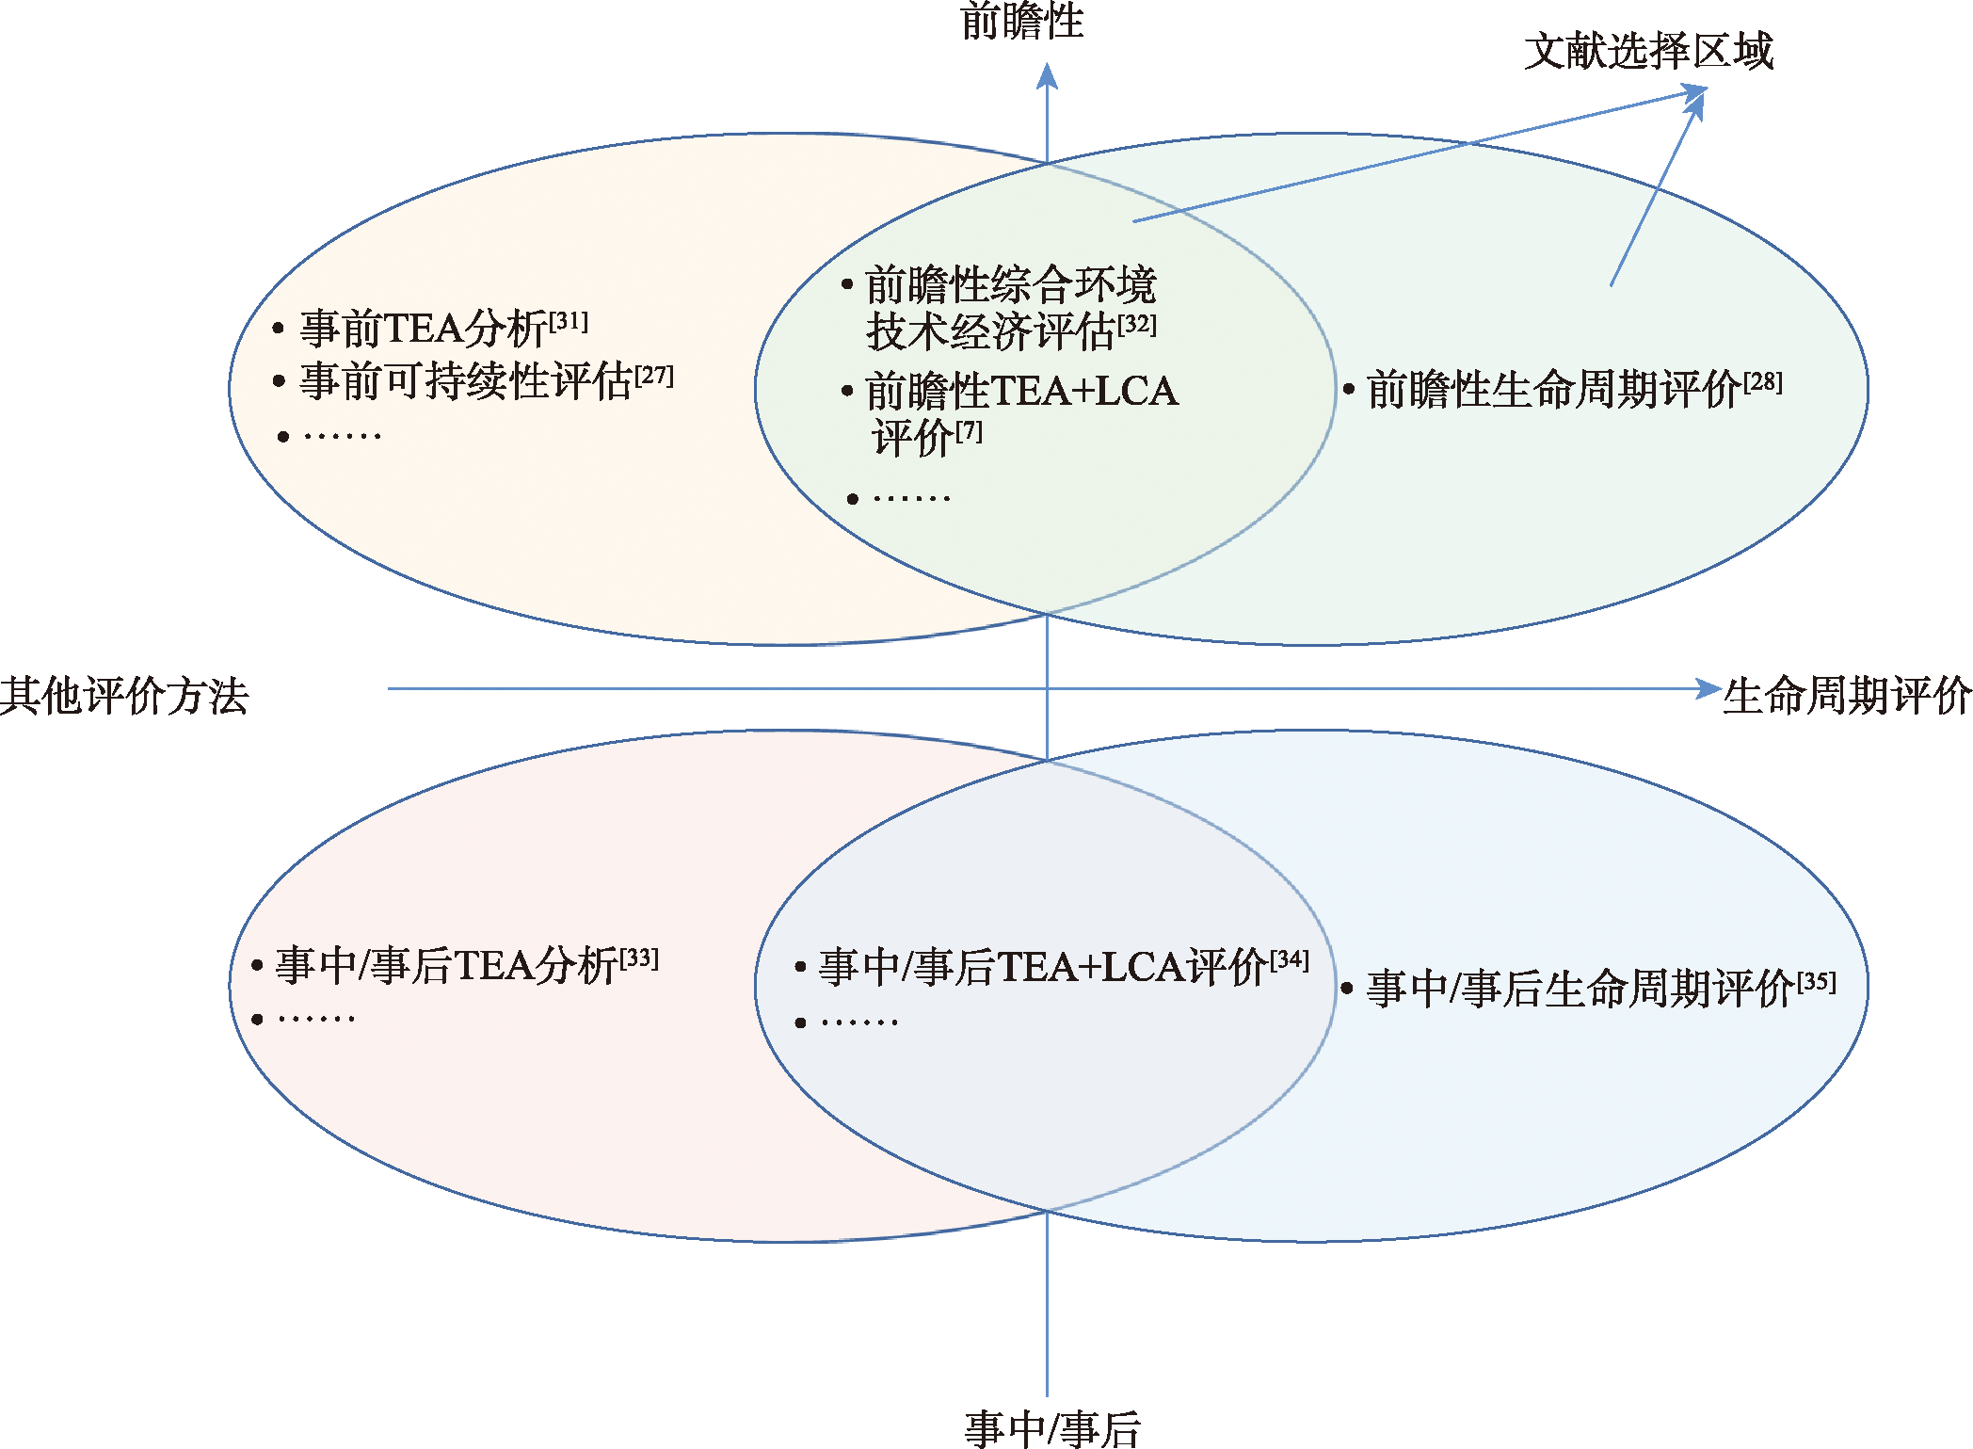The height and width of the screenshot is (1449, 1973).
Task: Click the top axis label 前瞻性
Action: point(1022,21)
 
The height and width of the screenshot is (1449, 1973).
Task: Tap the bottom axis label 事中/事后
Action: point(1052,1429)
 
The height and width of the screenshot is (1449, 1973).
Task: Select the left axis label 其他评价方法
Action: point(124,696)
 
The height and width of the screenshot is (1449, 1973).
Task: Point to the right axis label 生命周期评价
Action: point(1847,696)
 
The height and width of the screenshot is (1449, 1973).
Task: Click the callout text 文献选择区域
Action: point(1648,51)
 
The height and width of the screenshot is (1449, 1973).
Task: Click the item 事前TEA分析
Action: point(424,329)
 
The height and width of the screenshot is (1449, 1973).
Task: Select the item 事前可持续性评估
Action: point(466,381)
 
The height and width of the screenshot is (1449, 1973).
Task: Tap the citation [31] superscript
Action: point(569,322)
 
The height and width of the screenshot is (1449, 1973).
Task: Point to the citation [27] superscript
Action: point(654,376)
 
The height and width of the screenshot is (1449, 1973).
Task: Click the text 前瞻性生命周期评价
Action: point(1554,390)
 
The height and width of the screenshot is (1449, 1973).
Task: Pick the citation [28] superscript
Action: point(1763,382)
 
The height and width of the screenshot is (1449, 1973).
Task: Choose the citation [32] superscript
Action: point(1137,325)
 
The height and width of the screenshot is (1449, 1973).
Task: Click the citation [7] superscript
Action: point(970,431)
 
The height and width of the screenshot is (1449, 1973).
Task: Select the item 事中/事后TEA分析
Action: point(446,966)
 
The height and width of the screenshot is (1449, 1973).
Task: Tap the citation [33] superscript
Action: point(639,959)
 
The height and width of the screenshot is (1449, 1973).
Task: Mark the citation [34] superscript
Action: point(1290,960)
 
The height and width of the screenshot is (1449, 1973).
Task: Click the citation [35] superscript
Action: point(1817,983)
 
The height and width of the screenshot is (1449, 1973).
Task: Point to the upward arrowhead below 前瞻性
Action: point(1047,75)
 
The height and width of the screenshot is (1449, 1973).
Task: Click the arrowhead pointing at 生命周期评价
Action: point(1708,688)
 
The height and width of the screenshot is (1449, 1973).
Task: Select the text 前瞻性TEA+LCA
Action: point(1021,391)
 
